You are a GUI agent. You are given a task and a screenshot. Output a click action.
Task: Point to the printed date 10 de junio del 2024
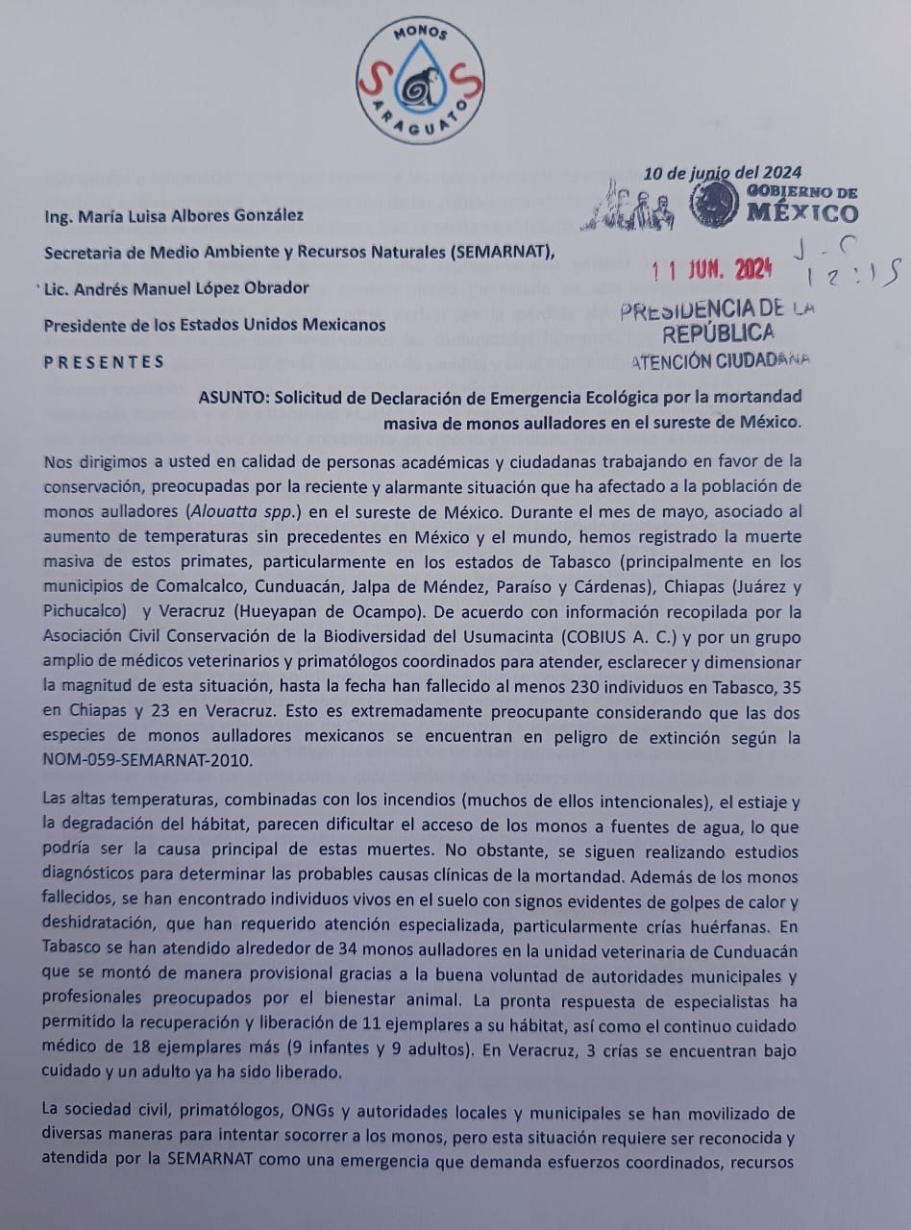click(x=723, y=174)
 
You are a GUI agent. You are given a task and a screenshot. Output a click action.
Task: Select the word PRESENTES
click(x=104, y=362)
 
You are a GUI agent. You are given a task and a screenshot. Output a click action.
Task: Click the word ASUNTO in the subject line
click(x=232, y=398)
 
